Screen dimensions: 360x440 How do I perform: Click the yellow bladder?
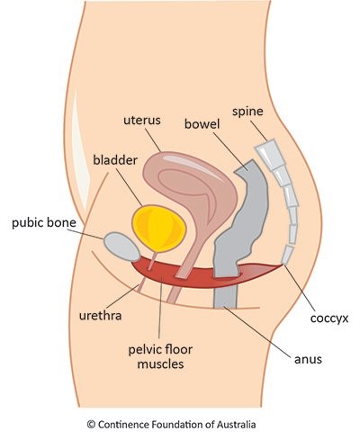[159, 229]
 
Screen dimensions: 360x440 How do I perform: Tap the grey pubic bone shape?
[121, 246]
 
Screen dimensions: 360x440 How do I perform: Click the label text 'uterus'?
[142, 121]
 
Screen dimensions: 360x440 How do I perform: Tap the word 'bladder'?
[115, 160]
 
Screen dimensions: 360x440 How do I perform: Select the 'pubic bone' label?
[44, 223]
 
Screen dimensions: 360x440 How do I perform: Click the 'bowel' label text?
[202, 124]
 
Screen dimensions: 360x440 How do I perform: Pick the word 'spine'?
[247, 112]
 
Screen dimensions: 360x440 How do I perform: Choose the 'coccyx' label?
[329, 319]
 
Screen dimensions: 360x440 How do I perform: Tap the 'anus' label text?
[308, 359]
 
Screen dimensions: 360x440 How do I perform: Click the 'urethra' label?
[100, 316]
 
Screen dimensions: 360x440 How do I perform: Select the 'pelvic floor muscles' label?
[160, 357]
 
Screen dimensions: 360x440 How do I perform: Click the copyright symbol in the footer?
[91, 425]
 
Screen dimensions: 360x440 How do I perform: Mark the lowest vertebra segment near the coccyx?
[287, 255]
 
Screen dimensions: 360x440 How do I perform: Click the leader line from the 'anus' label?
[257, 331]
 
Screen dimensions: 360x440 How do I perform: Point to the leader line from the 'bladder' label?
[130, 187]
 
